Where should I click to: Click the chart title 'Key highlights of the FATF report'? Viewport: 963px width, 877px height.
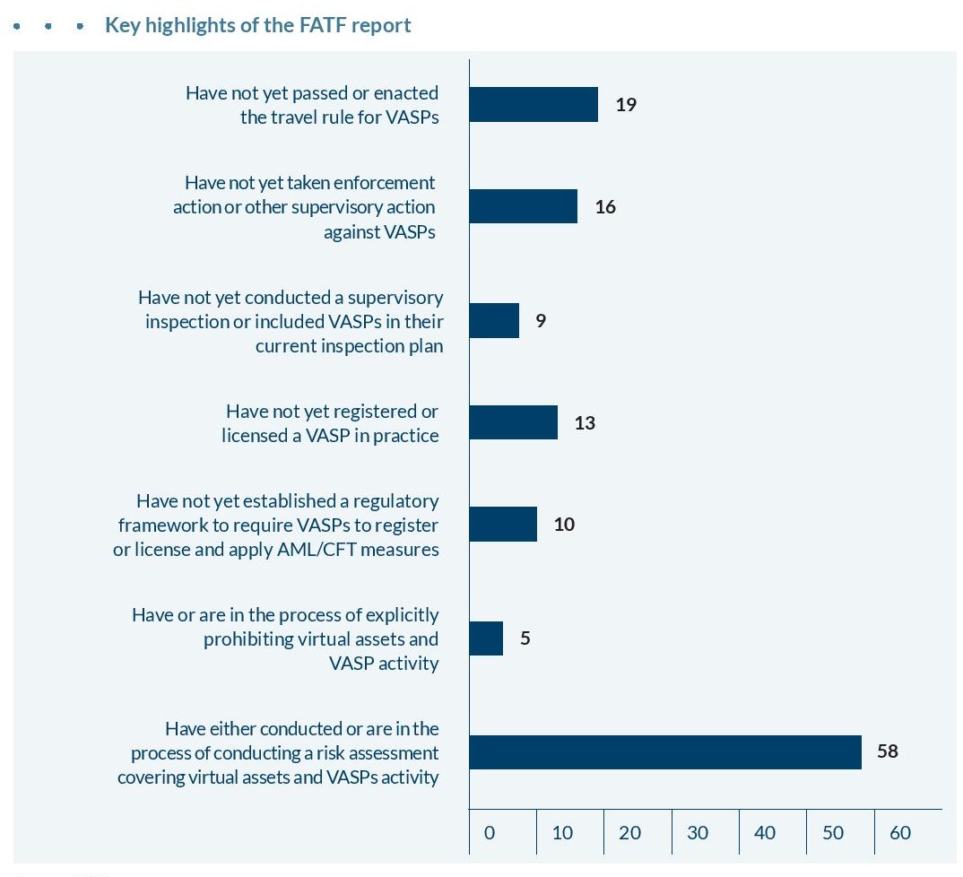[x=257, y=25]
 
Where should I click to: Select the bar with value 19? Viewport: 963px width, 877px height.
[x=534, y=104]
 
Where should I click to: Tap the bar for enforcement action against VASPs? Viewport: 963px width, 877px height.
[x=523, y=207]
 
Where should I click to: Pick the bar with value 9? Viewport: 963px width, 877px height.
[x=494, y=321]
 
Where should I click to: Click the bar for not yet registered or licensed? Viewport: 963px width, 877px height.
[x=513, y=422]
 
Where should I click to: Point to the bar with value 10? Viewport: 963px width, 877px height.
[x=503, y=524]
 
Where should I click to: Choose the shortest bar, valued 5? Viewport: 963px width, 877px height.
[x=486, y=638]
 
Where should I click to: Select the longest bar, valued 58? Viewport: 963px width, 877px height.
[x=664, y=752]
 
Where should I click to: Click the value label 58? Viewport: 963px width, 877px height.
[x=887, y=751]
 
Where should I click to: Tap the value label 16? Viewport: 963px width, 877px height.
[x=605, y=207]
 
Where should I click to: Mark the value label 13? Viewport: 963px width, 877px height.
[x=585, y=422]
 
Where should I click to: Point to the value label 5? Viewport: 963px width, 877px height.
[x=525, y=638]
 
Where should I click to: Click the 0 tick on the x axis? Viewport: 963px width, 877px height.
[x=489, y=833]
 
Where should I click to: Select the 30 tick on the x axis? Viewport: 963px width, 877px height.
[x=697, y=833]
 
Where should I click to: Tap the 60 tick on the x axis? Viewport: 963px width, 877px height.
[x=899, y=833]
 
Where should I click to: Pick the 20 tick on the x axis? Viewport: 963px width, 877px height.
[x=629, y=833]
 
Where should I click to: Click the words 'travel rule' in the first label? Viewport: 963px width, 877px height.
[x=309, y=117]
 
